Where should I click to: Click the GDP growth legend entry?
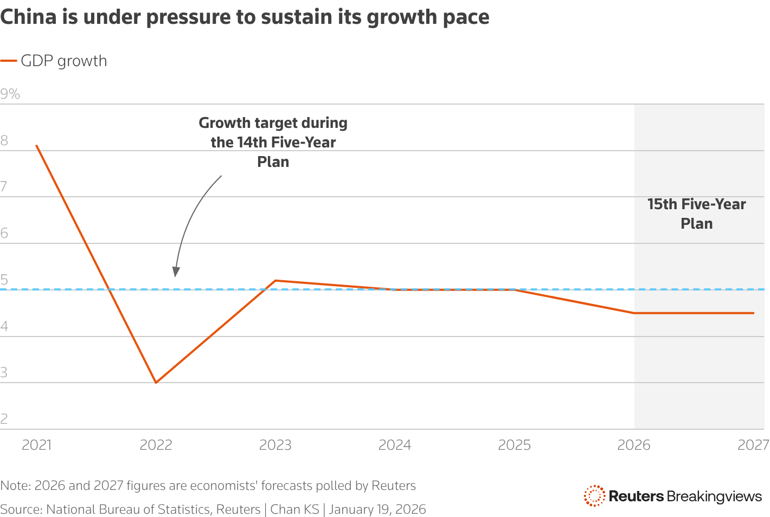pos(54,61)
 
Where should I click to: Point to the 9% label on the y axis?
pos(10,94)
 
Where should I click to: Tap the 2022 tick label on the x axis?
pos(156,445)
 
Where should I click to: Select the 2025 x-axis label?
pos(514,445)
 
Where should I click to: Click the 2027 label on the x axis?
pos(753,445)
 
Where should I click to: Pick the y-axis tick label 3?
pos(4,373)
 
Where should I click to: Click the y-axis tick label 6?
pos(4,234)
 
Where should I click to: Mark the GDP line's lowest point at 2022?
pos(156,383)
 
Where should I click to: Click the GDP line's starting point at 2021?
pos(36,146)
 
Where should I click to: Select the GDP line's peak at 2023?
pos(275,281)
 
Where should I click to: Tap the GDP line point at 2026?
pos(634,313)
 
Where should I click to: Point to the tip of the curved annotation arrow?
pos(175,276)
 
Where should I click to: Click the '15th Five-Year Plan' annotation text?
pos(696,214)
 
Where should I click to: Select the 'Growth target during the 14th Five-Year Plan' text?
pos(273,142)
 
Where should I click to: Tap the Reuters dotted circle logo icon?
pos(594,496)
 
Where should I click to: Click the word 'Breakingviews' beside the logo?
pos(714,496)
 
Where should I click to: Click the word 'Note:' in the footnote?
pos(15,486)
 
